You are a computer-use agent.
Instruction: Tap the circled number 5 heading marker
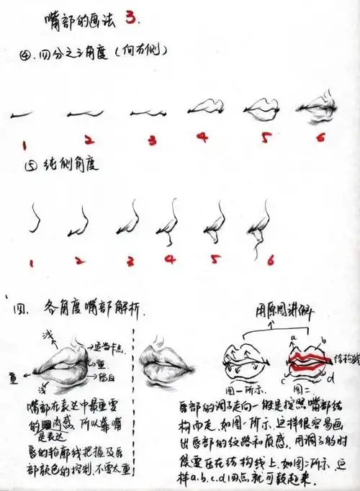pos(30,165)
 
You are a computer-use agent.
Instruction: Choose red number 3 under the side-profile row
pos(130,261)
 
